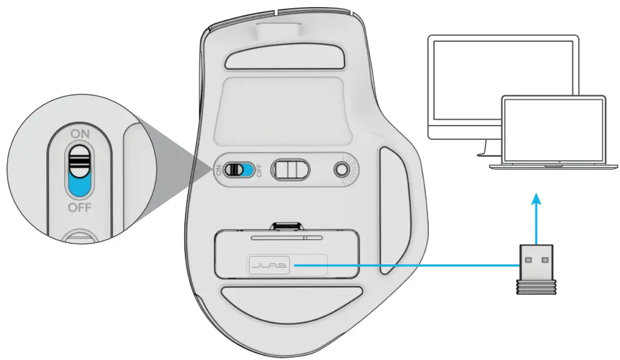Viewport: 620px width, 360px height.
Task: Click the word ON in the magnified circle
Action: tap(80, 134)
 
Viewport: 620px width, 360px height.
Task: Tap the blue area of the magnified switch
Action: tap(79, 185)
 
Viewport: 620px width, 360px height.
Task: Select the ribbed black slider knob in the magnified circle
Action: tap(79, 160)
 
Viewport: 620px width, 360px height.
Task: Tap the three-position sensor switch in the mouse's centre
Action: tap(291, 170)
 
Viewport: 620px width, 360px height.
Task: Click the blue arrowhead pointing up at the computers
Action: tap(535, 200)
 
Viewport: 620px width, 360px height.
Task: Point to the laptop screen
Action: tap(553, 130)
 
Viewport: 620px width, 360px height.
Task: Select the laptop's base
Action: tap(553, 167)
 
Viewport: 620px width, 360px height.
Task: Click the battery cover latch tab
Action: tap(287, 226)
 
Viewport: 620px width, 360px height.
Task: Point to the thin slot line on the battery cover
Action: tap(287, 238)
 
